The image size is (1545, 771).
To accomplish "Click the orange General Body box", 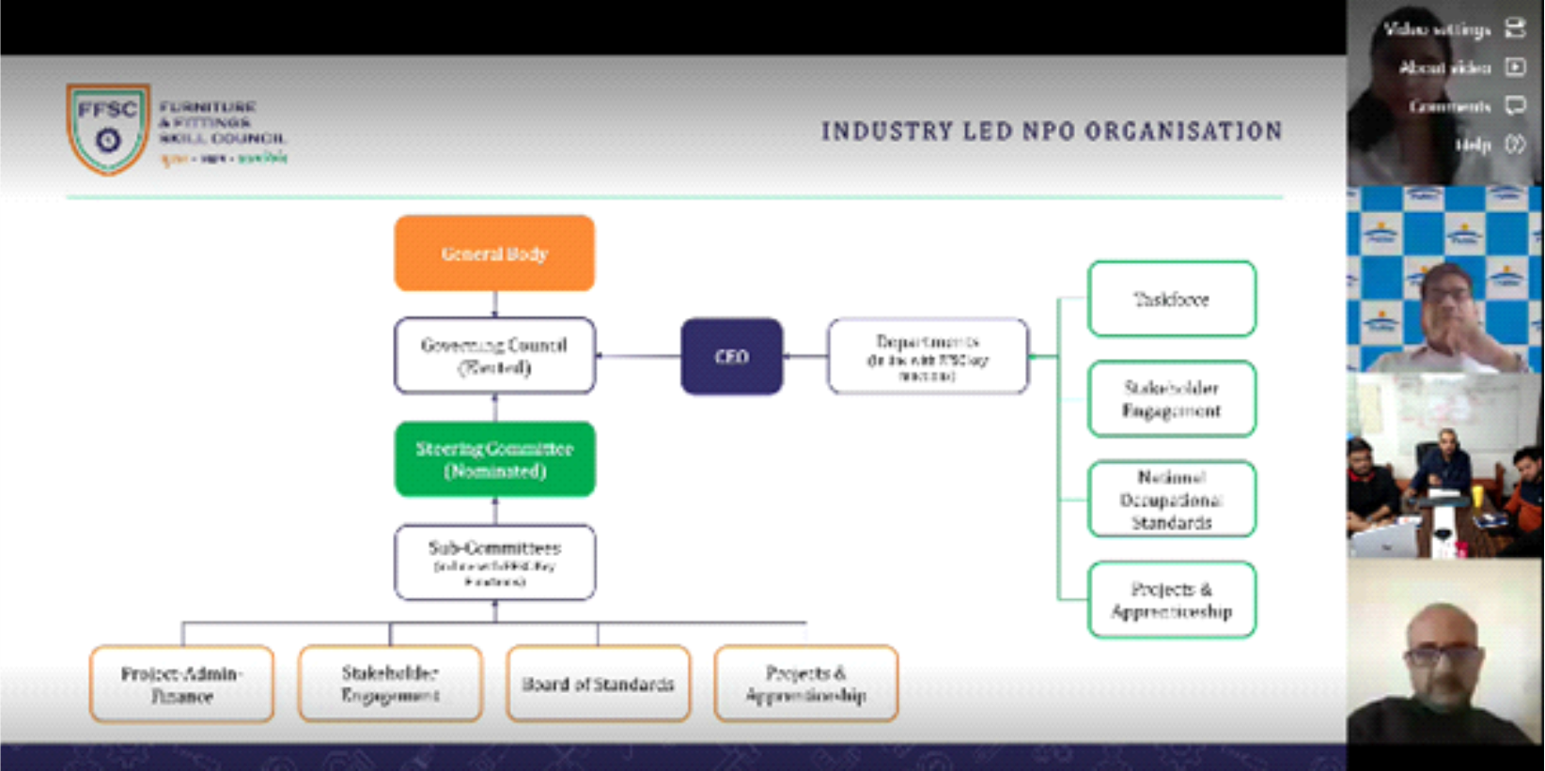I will point(494,254).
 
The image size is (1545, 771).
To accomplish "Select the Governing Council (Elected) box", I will point(494,356).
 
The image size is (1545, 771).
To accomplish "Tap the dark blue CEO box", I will point(731,356).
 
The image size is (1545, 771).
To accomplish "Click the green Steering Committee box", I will point(494,459).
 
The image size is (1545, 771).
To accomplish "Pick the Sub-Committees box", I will point(494,563).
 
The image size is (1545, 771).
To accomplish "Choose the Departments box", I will point(928,356).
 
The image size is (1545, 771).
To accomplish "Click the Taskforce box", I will point(1171,300).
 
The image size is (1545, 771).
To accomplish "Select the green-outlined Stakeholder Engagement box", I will point(1171,399).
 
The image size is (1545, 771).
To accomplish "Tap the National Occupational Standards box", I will point(1171,500).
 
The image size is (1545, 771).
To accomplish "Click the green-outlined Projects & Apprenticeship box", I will point(1171,600).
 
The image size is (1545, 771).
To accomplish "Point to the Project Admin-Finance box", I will point(181,684).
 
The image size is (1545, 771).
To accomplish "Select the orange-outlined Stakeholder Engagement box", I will point(390,684).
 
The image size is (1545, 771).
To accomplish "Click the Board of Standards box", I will point(598,684).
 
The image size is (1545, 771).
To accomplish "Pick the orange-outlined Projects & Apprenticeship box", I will point(805,684).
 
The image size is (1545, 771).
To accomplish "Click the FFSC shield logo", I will point(107,128).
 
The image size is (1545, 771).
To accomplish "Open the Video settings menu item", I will point(1438,30).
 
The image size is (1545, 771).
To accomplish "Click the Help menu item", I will point(1474,145).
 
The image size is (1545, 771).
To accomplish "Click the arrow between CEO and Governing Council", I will point(638,356).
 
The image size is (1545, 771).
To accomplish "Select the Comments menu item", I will point(1450,106).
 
